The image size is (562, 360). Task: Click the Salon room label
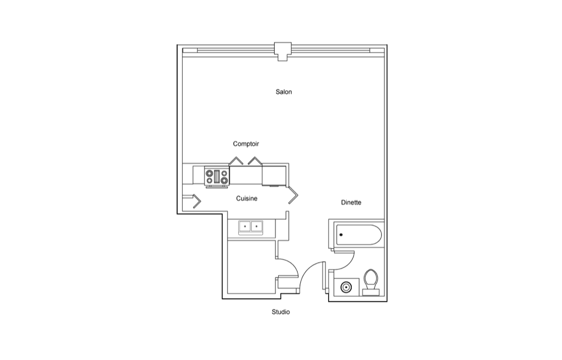click(x=283, y=92)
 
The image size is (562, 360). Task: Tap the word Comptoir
click(x=246, y=144)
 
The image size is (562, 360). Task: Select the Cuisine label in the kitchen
click(x=247, y=199)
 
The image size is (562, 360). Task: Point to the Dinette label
click(x=351, y=202)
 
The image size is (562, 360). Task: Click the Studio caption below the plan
click(x=280, y=312)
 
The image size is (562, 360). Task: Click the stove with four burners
click(x=217, y=177)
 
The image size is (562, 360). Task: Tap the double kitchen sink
click(x=251, y=227)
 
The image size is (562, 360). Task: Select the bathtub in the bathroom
click(x=358, y=235)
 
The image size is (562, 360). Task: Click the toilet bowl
click(x=371, y=279)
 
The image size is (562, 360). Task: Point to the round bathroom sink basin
click(x=346, y=287)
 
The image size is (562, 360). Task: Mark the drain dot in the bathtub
click(x=341, y=235)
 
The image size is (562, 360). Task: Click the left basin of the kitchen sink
click(x=245, y=227)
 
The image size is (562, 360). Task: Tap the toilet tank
click(x=371, y=292)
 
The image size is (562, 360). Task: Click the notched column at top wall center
click(x=283, y=51)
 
